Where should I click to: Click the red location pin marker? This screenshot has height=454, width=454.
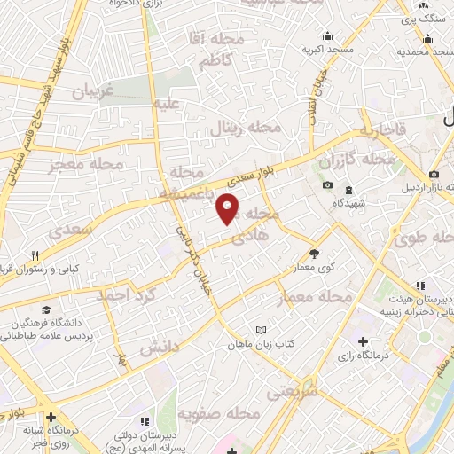(x=228, y=209)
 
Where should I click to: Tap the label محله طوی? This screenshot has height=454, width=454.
(x=422, y=238)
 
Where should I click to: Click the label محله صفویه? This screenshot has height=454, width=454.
(x=217, y=414)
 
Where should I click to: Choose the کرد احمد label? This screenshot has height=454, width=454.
(x=126, y=294)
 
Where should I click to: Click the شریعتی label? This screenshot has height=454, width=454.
(x=294, y=387)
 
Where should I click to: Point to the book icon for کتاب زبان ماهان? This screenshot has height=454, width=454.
(x=260, y=330)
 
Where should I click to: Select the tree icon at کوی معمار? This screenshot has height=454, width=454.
(x=313, y=254)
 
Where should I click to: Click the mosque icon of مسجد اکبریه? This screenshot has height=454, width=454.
(x=328, y=36)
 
